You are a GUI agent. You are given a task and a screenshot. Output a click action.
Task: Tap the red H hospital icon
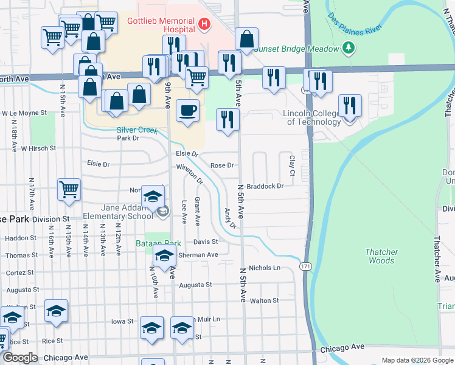pyautogui.click(x=204, y=25)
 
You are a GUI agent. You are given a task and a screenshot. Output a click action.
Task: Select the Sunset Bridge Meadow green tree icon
pyautogui.click(x=348, y=47)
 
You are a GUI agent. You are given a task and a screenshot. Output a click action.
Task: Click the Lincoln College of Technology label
pyautogui.click(x=312, y=117)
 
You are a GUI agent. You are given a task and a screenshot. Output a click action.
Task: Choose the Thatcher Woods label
pyautogui.click(x=381, y=256)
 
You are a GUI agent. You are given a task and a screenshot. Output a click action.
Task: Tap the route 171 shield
pyautogui.click(x=305, y=266)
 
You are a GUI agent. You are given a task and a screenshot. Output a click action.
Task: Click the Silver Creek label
pyautogui.click(x=137, y=130)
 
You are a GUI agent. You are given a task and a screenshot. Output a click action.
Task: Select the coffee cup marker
pyautogui.click(x=187, y=111)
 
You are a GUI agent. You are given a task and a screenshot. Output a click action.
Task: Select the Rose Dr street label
pyautogui.click(x=222, y=165)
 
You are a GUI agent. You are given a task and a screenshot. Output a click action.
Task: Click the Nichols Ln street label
pyautogui.click(x=264, y=268)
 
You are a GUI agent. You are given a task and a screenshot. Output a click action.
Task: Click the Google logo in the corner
pyautogui.click(x=19, y=358)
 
